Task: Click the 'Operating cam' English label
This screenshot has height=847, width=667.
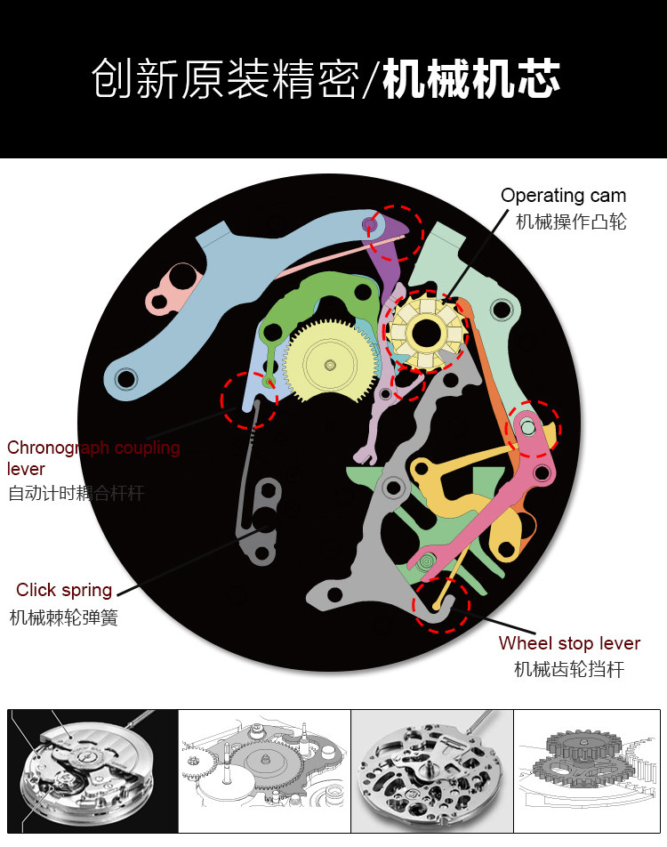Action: (563, 196)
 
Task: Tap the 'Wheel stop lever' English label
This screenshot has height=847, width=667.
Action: (569, 643)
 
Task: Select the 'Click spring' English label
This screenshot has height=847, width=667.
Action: (64, 590)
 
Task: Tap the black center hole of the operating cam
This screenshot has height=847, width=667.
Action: (424, 333)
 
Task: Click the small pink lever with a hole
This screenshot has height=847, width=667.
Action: (173, 286)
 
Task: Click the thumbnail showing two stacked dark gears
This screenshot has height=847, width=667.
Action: (588, 770)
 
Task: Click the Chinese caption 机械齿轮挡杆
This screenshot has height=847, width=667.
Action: (569, 669)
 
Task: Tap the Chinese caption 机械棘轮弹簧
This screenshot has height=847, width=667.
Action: (64, 617)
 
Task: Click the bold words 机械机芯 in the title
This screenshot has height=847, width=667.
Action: (471, 81)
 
